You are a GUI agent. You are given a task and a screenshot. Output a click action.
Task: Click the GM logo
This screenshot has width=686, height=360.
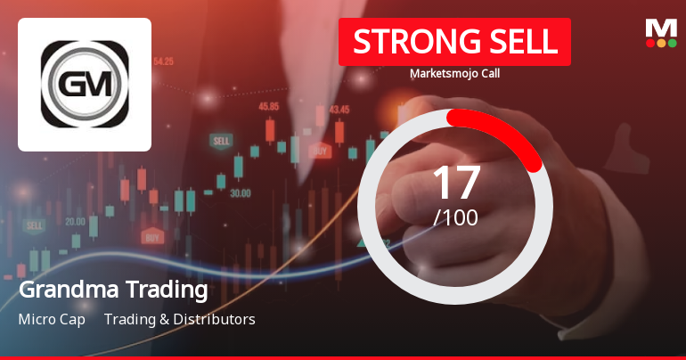(85, 85)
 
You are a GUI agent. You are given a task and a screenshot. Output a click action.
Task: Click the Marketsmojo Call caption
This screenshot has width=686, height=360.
(454, 74)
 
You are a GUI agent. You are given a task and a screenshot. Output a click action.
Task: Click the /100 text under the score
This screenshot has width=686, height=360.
(455, 217)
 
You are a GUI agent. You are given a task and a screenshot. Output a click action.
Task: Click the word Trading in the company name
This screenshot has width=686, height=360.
(171, 290)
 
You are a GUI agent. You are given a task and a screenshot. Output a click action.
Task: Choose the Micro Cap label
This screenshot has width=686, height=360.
(52, 319)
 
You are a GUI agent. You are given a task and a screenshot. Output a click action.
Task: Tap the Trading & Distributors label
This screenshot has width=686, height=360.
(180, 319)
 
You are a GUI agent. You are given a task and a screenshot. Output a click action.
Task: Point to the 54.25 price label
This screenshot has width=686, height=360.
(164, 61)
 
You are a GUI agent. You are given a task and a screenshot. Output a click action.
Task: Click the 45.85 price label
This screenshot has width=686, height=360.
(269, 106)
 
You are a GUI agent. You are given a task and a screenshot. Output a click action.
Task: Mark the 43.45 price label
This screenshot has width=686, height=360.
(339, 110)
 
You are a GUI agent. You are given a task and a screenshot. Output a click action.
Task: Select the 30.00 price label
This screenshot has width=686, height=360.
(240, 192)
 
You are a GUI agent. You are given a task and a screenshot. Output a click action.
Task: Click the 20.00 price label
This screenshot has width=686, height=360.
(76, 221)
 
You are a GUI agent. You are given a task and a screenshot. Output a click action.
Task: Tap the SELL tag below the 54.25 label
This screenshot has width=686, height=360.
(220, 141)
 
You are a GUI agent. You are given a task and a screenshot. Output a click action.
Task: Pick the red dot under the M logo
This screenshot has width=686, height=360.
(650, 43)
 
